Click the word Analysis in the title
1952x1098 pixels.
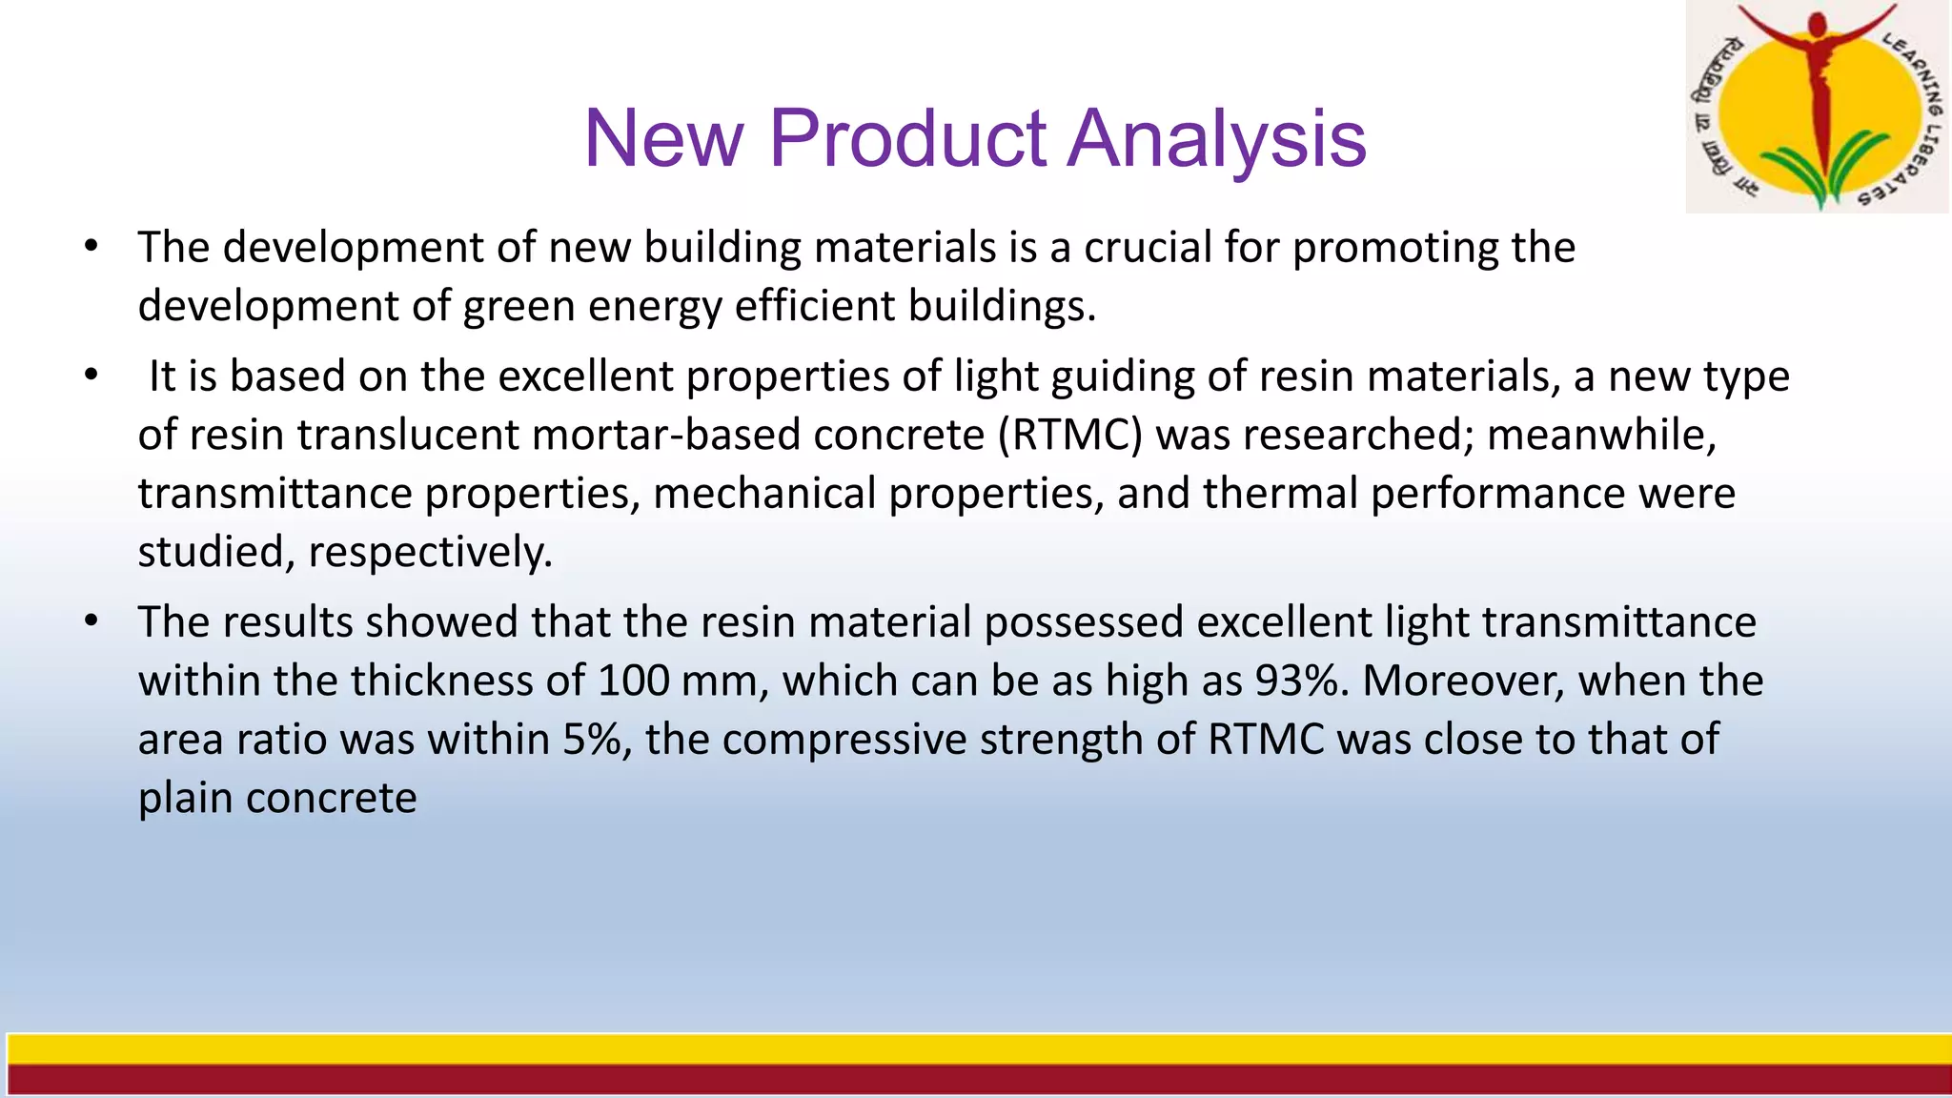point(1217,139)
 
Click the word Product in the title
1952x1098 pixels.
point(906,139)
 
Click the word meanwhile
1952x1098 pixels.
point(1601,436)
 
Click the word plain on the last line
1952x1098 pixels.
point(186,799)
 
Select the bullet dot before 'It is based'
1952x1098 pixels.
point(91,376)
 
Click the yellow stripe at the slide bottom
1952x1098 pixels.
point(976,1049)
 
